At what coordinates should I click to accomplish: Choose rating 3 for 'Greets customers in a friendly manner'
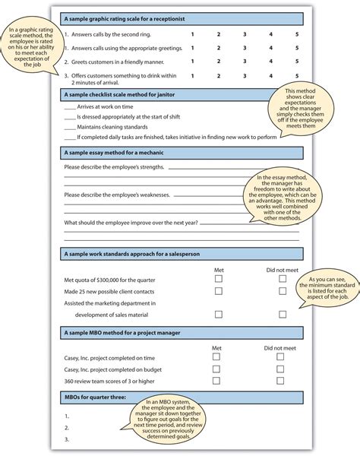[x=245, y=61]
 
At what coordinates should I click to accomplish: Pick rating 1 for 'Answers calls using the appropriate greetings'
[x=192, y=48]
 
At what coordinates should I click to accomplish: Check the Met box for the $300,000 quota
[x=218, y=280]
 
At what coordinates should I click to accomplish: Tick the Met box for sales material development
[x=218, y=313]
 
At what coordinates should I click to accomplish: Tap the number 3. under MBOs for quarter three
[x=67, y=439]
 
